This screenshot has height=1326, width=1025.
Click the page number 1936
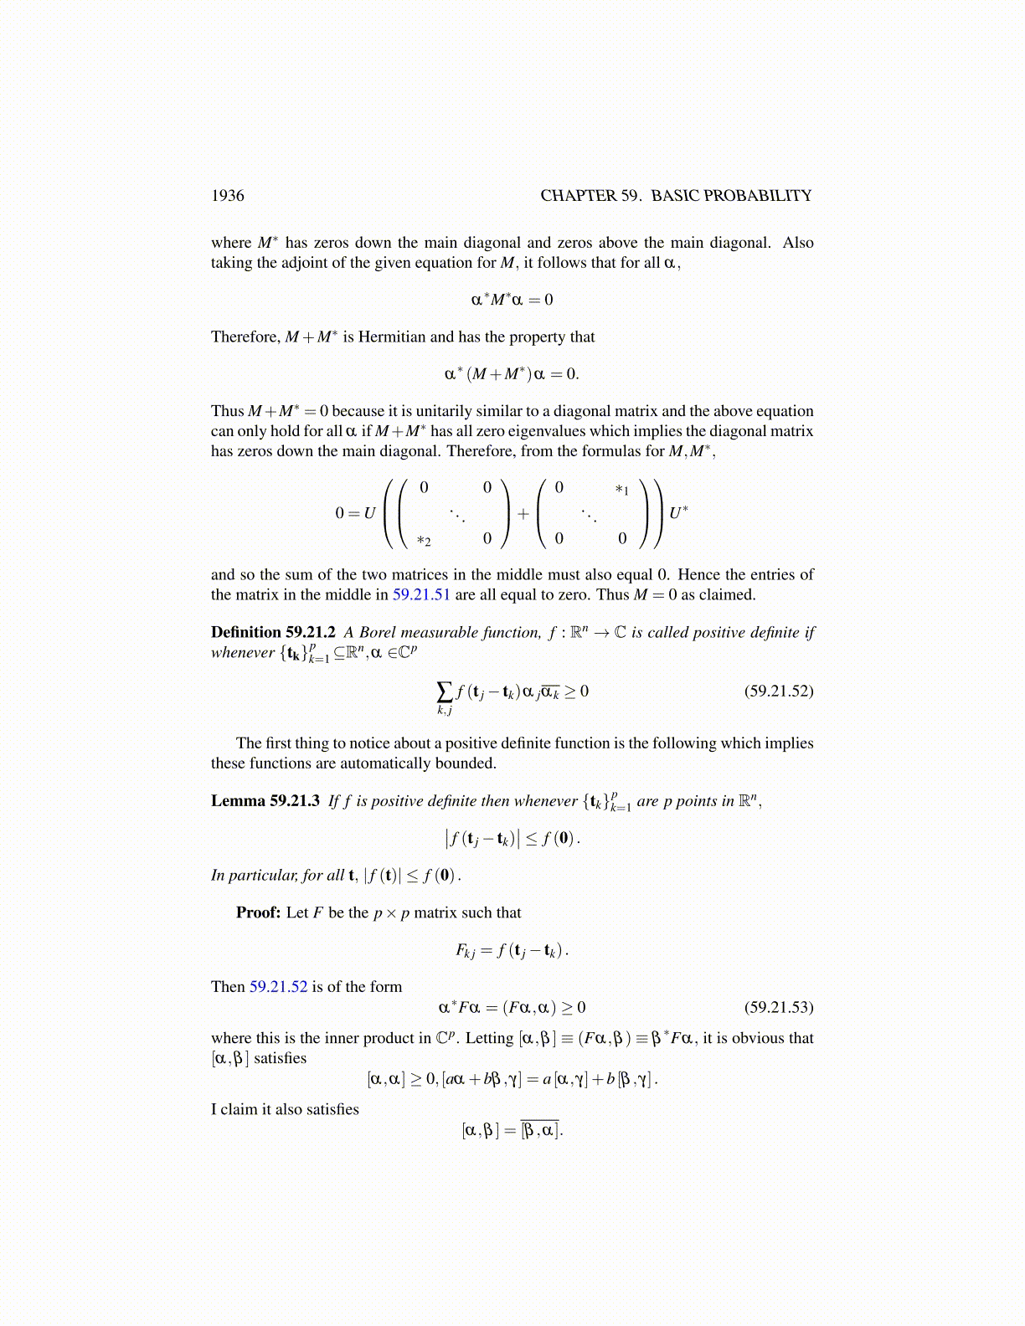(228, 196)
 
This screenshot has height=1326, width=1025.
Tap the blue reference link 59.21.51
(421, 595)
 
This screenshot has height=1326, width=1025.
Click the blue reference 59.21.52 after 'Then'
(278, 987)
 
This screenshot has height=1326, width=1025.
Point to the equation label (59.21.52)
(778, 691)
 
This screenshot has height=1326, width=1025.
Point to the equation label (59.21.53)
(778, 1007)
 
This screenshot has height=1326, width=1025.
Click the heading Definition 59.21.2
(273, 633)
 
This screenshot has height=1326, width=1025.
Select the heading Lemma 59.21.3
(265, 801)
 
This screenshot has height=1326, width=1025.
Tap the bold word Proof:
(258, 912)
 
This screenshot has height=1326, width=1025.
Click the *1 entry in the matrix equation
(621, 490)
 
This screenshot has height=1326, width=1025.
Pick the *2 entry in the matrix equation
(424, 542)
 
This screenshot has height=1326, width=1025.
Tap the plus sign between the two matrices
(523, 514)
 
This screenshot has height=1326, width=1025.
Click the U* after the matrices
(678, 512)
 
